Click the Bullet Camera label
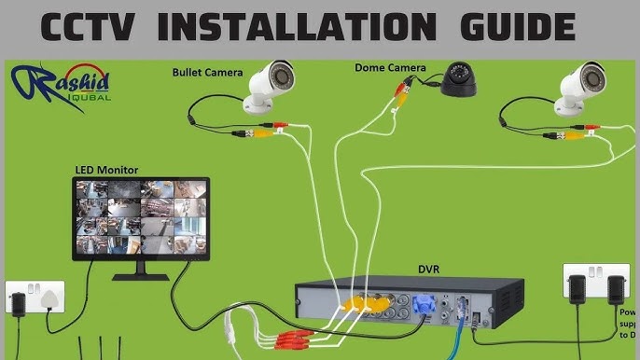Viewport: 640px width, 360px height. pyautogui.click(x=207, y=72)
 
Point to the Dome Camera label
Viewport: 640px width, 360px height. pyautogui.click(x=390, y=67)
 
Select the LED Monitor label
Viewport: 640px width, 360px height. pyautogui.click(x=106, y=170)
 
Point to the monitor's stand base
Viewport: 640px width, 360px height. pyautogui.click(x=141, y=276)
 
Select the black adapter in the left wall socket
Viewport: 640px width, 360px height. pyautogui.click(x=19, y=301)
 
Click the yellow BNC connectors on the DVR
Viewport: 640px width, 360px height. pyautogui.click(x=359, y=303)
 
